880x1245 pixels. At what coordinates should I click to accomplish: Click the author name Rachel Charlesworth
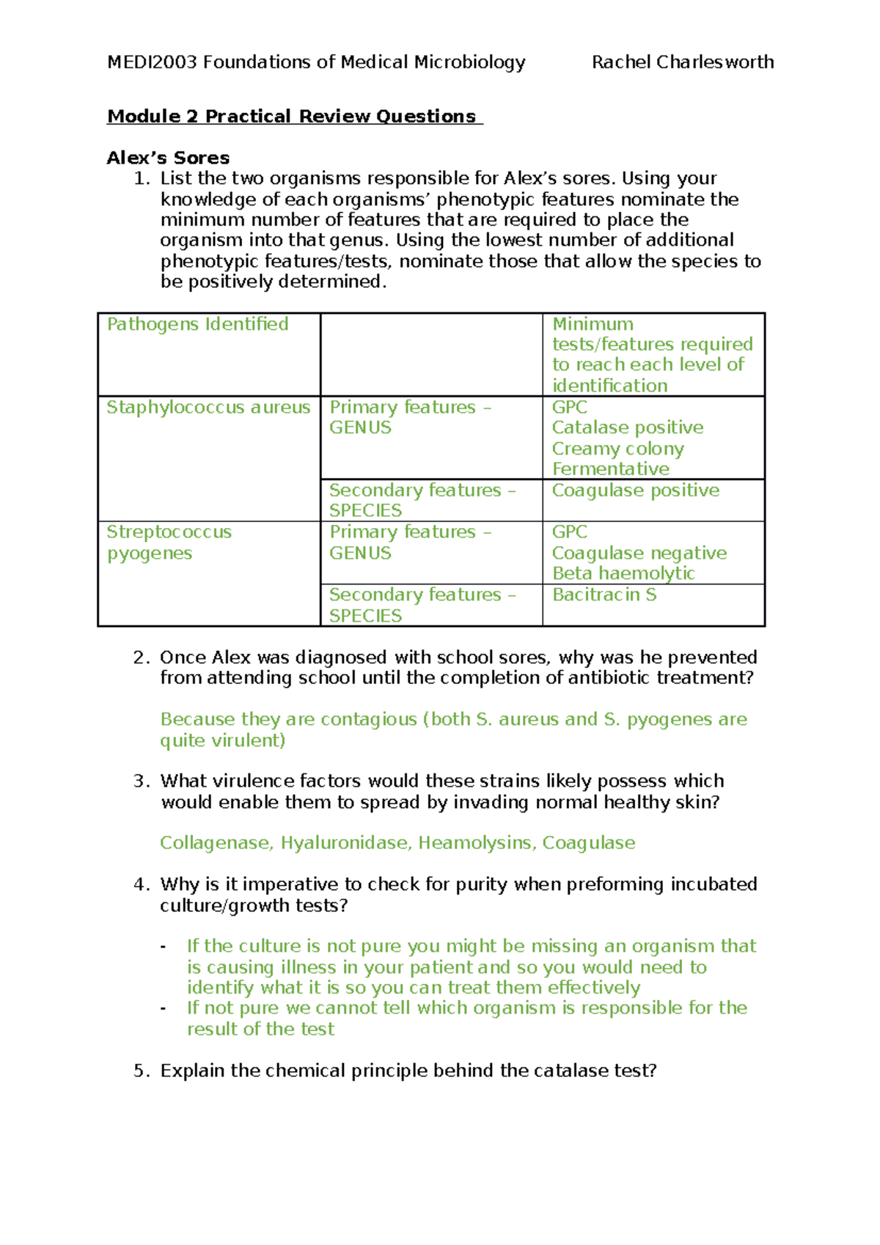click(682, 62)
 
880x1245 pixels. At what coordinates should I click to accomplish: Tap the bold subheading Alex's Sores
click(168, 158)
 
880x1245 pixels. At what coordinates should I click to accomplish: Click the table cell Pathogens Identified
click(198, 324)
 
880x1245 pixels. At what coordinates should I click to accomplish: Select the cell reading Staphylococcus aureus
click(208, 408)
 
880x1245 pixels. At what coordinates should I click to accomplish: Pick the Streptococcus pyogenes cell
click(169, 543)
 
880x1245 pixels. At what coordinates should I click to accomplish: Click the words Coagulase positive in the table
click(635, 491)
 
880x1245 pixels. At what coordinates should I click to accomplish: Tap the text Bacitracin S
click(604, 595)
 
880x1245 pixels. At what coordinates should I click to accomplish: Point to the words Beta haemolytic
click(623, 573)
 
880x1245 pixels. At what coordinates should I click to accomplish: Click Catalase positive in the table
click(627, 427)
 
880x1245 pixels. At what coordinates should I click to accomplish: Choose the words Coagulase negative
click(639, 553)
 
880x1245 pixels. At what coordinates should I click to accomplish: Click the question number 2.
click(141, 658)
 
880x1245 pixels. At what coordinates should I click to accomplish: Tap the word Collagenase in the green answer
click(216, 843)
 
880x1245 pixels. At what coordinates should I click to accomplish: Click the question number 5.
click(141, 1071)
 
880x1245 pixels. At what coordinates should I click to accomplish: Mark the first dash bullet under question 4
click(163, 947)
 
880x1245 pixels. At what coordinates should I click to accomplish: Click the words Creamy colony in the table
click(617, 449)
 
